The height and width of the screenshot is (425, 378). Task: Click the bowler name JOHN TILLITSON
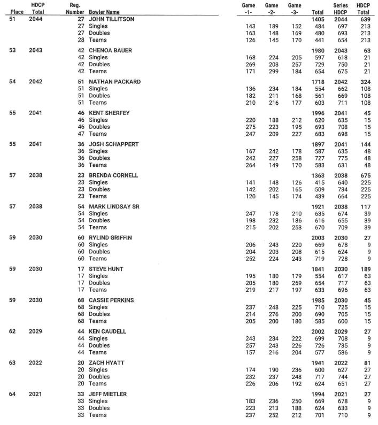point(111,19)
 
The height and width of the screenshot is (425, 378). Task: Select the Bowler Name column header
point(104,12)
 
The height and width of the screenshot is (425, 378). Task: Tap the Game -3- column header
point(294,9)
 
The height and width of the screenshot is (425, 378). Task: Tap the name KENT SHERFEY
point(109,113)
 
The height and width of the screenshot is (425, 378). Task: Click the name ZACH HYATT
point(107,363)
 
